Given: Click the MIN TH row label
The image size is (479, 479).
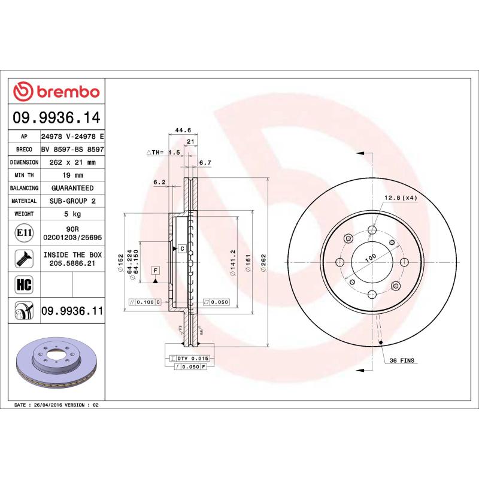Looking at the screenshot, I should click(25, 175).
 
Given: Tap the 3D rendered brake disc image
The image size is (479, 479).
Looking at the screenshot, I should click(57, 362).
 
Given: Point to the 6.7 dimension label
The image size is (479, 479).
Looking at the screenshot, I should click(205, 162).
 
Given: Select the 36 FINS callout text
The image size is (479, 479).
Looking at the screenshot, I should click(402, 361).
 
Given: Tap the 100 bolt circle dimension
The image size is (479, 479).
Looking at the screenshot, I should click(371, 257).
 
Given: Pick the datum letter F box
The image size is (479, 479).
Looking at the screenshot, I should click(155, 271).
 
